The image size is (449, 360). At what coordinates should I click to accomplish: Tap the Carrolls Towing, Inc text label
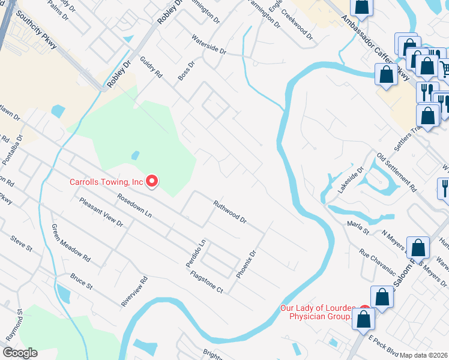(107, 181)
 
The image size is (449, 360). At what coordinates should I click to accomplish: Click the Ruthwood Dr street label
(231, 212)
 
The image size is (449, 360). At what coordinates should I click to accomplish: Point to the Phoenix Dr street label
(246, 263)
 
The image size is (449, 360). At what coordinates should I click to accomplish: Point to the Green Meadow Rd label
(71, 243)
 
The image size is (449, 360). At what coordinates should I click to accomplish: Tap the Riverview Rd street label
(134, 292)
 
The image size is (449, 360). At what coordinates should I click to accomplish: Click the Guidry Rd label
(151, 67)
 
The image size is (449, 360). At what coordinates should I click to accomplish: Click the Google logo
(20, 353)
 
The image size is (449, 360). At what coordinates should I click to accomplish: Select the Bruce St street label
(81, 281)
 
